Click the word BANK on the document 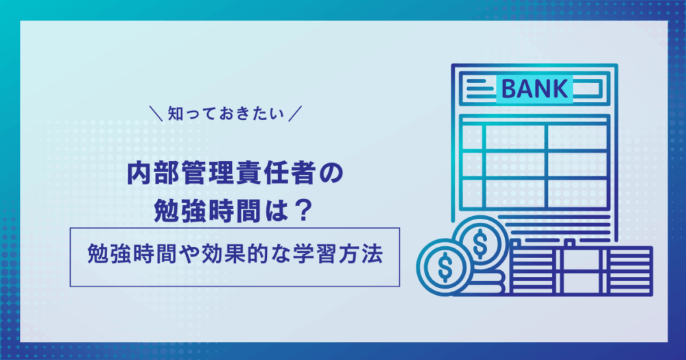pyautogui.click(x=534, y=88)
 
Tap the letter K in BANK pyautogui.click(x=560, y=88)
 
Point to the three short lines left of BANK pyautogui.click(x=480, y=88)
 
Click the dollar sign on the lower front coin pyautogui.click(x=445, y=267)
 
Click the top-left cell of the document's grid pyautogui.click(x=473, y=137)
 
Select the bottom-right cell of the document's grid pyautogui.click(x=578, y=193)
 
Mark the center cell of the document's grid pyautogui.click(x=515, y=165)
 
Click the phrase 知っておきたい pyautogui.click(x=226, y=114)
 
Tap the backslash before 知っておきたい pyautogui.click(x=156, y=114)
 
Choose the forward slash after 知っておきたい pyautogui.click(x=295, y=114)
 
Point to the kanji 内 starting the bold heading pyautogui.click(x=138, y=173)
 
